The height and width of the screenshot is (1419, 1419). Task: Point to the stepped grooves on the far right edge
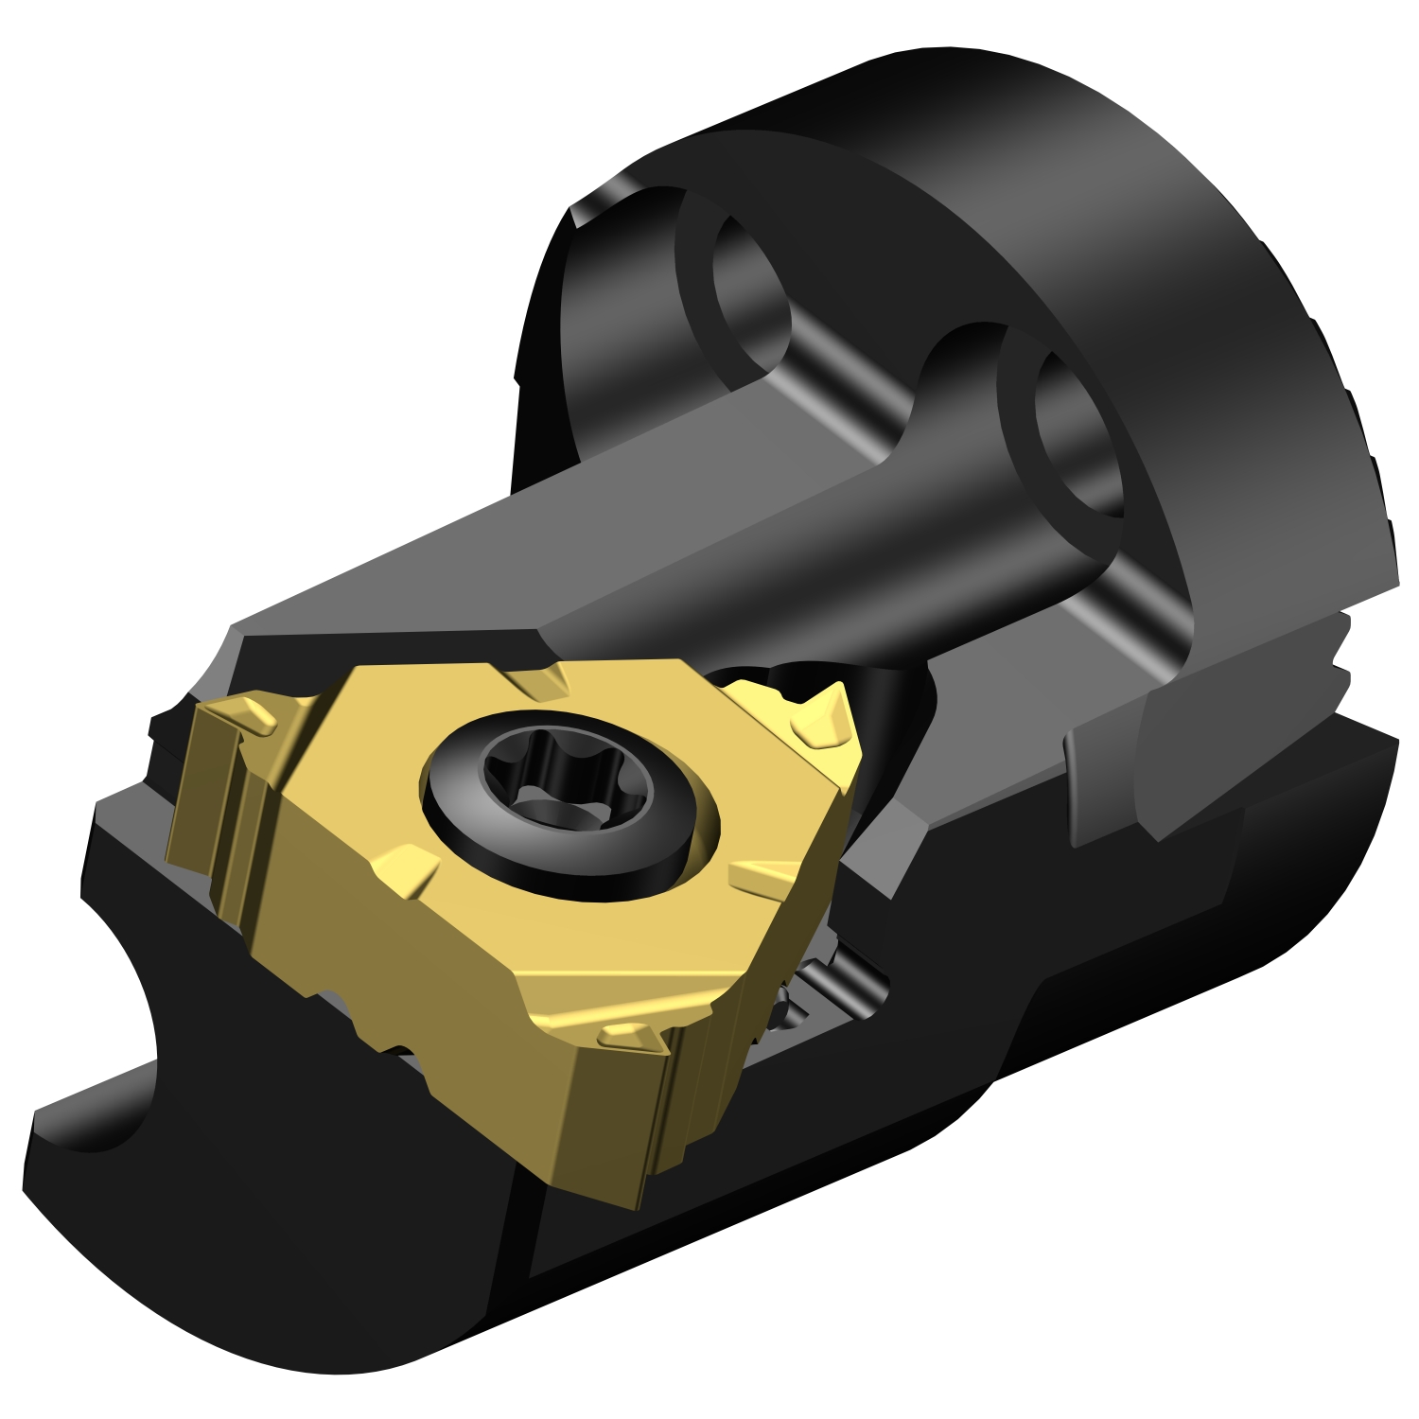[x=1343, y=653]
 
